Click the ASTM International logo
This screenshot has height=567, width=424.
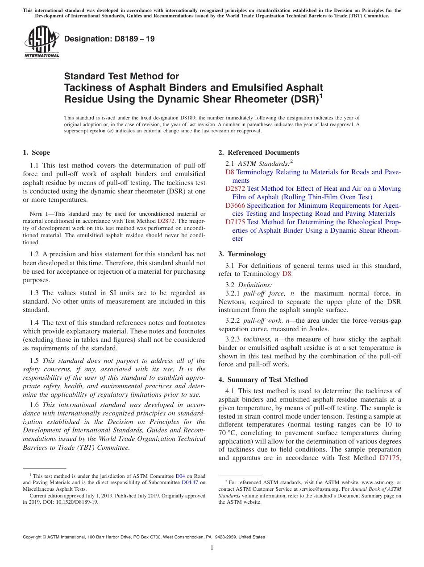(x=42, y=42)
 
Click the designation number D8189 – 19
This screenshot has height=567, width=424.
(x=109, y=39)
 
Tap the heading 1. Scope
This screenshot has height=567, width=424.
(x=36, y=152)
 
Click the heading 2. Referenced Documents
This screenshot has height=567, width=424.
(x=259, y=152)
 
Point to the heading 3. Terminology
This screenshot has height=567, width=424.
(x=242, y=254)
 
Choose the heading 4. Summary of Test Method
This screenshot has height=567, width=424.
(x=263, y=380)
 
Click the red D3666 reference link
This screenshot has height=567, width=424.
(x=235, y=205)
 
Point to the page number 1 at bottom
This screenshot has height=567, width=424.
(x=212, y=548)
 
